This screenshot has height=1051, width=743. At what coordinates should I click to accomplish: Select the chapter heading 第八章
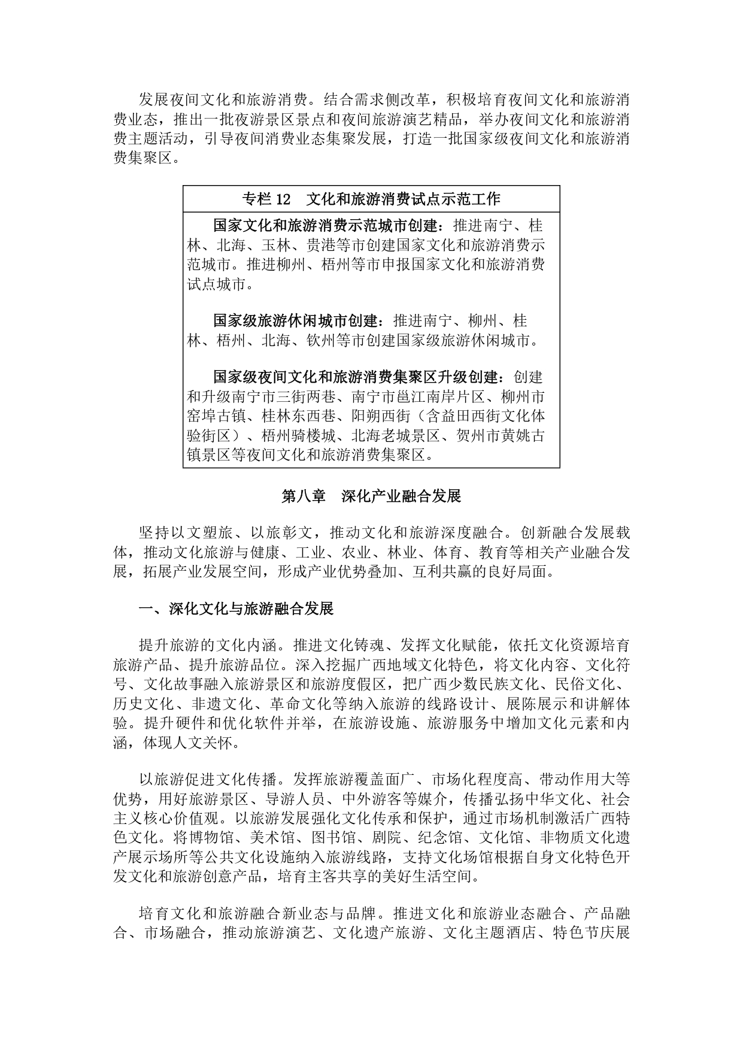[x=303, y=496]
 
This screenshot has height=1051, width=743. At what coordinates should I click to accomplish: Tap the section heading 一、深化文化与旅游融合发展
[x=236, y=609]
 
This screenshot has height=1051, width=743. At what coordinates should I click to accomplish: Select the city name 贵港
[x=321, y=246]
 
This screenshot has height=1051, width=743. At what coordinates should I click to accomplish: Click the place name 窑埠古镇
[x=217, y=416]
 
